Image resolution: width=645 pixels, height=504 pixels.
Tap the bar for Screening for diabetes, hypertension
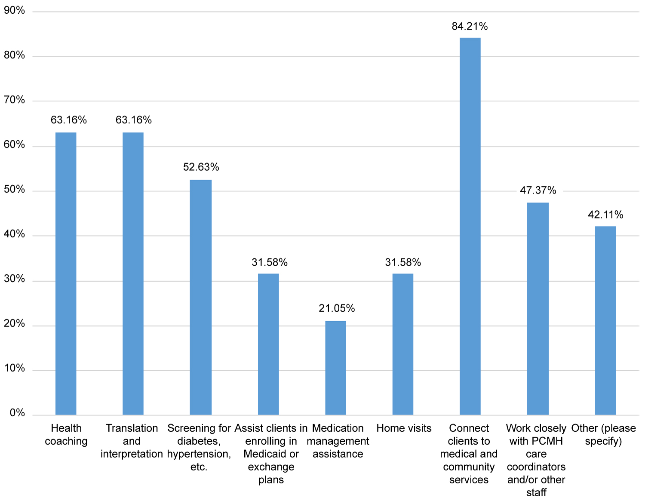(x=201, y=297)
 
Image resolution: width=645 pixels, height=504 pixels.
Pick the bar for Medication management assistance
(x=335, y=368)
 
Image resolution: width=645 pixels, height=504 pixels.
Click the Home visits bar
(x=403, y=344)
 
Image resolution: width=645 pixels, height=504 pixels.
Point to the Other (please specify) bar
(x=605, y=320)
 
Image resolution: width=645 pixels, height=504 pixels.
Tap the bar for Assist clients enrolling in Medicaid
(x=268, y=344)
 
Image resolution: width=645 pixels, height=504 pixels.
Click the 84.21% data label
(x=470, y=27)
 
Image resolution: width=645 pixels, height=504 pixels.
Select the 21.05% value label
(x=337, y=308)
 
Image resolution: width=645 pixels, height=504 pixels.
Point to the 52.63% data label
(x=201, y=167)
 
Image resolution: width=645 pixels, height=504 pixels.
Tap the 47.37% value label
(x=538, y=190)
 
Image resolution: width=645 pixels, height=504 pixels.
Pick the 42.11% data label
(x=605, y=215)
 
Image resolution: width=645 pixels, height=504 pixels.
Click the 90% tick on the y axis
(x=15, y=11)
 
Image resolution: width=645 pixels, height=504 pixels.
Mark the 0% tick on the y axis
(x=17, y=413)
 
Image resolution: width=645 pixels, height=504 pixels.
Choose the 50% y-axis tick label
(x=15, y=190)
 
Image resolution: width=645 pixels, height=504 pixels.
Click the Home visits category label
(x=404, y=428)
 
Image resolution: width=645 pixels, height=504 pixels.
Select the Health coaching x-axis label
(x=66, y=435)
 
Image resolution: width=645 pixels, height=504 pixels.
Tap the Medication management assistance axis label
(x=338, y=441)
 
